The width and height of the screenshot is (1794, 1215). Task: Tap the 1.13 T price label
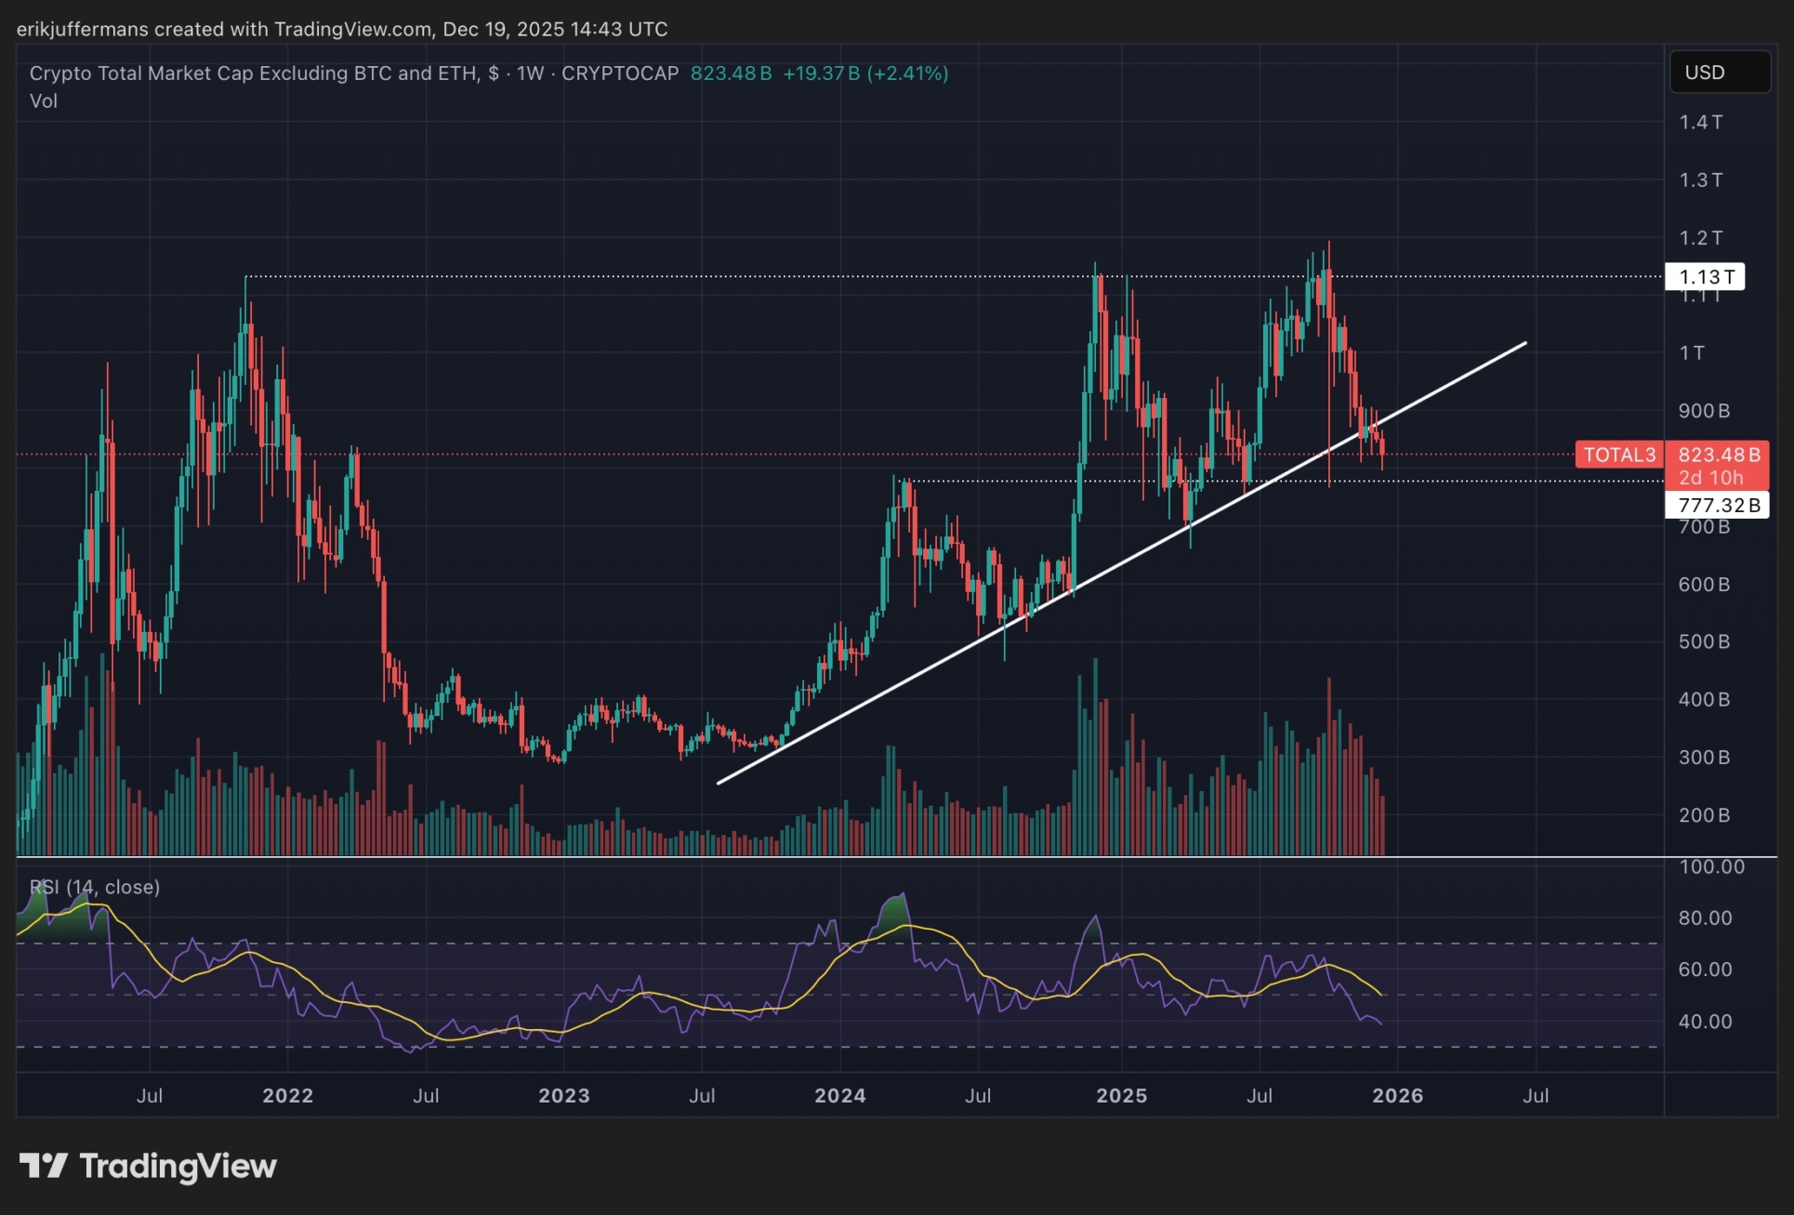click(1706, 277)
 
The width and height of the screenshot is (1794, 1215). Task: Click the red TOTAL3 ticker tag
click(1619, 455)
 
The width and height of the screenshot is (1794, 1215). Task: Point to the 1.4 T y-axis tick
click(1700, 122)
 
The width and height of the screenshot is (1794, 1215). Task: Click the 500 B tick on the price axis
click(1703, 641)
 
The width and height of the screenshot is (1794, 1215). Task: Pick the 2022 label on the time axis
click(287, 1095)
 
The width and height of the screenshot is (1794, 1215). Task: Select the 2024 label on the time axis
click(839, 1095)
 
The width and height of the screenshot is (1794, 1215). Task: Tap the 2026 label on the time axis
click(1397, 1095)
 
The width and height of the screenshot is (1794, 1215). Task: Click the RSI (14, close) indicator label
click(95, 887)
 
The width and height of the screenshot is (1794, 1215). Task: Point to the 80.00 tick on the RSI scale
click(1706, 918)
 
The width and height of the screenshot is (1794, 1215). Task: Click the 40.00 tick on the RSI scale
click(1706, 1021)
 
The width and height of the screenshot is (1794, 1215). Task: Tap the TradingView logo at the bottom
click(149, 1166)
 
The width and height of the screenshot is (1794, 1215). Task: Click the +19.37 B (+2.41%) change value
click(865, 73)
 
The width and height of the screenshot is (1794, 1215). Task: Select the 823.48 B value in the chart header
click(731, 73)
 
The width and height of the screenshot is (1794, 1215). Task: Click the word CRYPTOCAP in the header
click(620, 73)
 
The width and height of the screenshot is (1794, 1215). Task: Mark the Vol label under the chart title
click(44, 100)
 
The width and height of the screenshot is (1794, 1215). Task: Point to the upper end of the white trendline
click(1525, 343)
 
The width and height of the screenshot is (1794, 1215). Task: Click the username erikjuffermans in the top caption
click(82, 29)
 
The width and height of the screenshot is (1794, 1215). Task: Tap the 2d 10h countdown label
click(1710, 478)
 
